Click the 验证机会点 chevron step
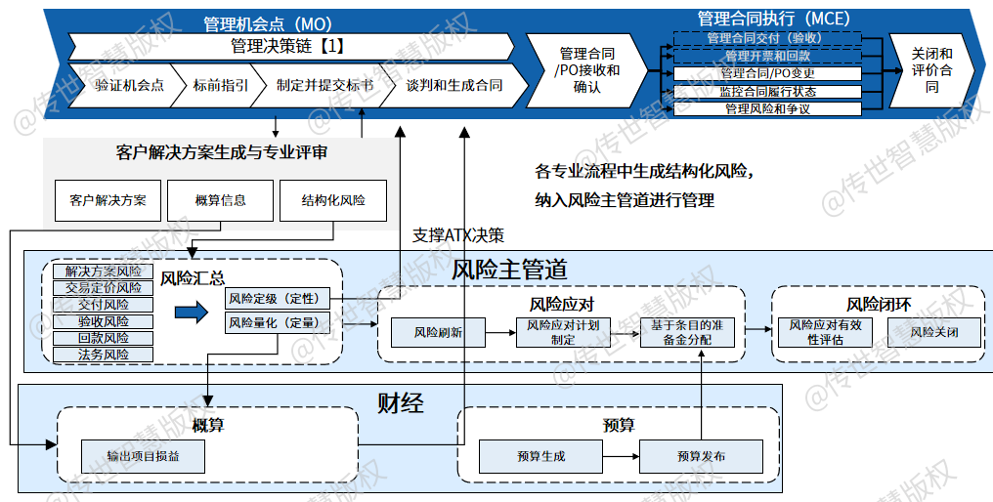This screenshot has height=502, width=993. point(123,85)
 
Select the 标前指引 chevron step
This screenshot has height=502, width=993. point(219,85)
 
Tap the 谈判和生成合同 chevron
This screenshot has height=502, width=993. point(457,85)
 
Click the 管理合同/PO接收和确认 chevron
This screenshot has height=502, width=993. point(586,70)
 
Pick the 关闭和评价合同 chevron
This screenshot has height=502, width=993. point(930,70)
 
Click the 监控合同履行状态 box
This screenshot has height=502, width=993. point(767,92)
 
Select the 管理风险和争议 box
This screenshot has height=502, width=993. point(767,108)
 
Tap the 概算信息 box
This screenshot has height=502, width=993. point(220,200)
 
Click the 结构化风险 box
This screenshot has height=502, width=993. point(333,200)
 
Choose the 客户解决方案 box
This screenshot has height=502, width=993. point(108,200)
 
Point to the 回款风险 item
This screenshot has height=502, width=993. point(104,338)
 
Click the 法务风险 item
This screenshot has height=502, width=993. point(104,355)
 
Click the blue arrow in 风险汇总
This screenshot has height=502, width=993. point(192,312)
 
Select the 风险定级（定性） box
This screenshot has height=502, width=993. point(278,298)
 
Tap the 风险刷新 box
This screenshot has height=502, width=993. point(438,332)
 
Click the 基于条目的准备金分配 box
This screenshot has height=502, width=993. point(687,332)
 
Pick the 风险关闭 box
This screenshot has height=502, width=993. point(934,332)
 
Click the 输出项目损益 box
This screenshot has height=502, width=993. point(143,456)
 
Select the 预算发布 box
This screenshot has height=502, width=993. point(701,456)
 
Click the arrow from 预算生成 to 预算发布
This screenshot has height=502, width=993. point(621,456)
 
